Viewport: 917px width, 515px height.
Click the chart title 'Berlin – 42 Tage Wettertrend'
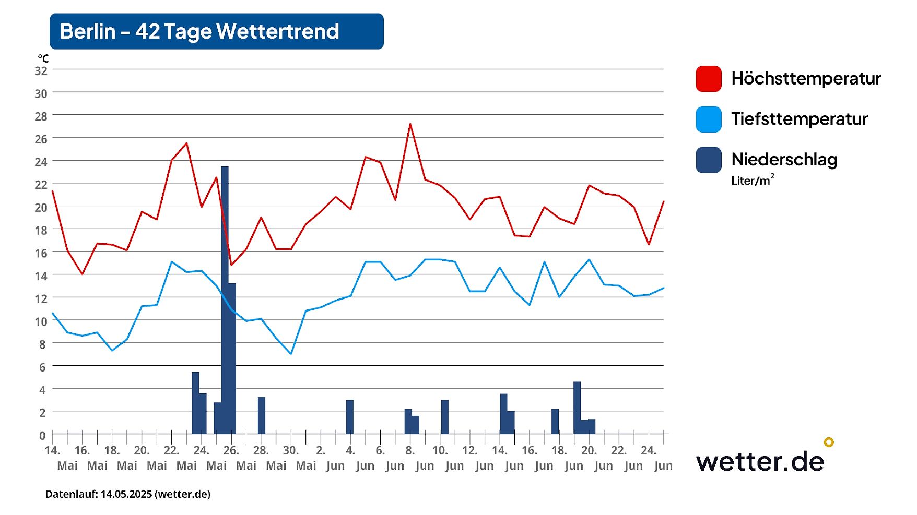199,31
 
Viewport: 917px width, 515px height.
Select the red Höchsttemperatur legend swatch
708,79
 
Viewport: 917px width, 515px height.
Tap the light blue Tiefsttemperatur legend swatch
708,119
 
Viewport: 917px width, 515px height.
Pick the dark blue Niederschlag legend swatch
708,160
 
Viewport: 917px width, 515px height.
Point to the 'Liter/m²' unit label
752,181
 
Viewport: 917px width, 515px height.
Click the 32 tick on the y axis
41,71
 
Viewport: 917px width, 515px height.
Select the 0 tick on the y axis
42,435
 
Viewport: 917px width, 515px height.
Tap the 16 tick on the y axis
41,253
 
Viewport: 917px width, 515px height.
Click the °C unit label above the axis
43,58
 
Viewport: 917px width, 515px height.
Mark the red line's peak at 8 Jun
410,124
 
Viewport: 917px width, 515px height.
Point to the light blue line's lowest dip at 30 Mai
291,354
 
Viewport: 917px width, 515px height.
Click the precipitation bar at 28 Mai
262,415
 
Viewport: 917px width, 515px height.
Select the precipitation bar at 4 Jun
350,417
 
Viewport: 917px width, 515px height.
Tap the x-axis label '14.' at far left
52,450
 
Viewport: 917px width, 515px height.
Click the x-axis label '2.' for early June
321,450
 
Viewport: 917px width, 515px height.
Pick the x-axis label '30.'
291,450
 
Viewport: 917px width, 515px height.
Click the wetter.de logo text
760,461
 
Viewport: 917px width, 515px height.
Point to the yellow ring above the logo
829,442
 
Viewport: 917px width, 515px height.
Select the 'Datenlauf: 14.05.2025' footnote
128,494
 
